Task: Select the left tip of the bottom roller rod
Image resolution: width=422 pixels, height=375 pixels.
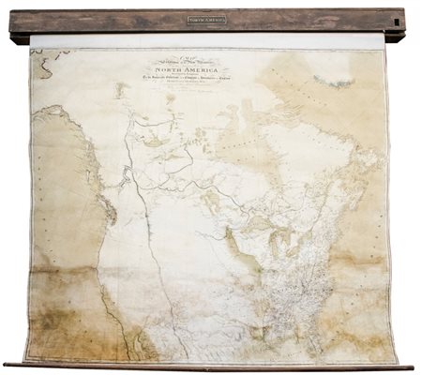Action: point(7,365)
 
